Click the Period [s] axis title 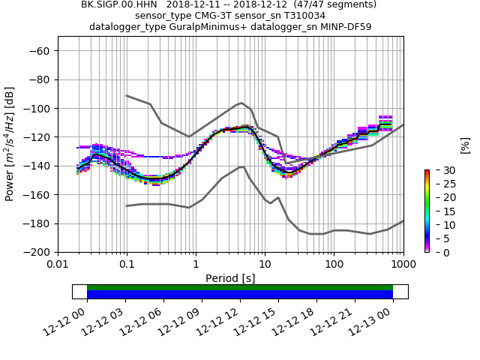pyautogui.click(x=230, y=278)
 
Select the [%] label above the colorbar pyautogui.click(x=465, y=144)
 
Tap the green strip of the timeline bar pyautogui.click(x=240, y=287)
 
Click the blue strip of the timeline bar pyautogui.click(x=240, y=295)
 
